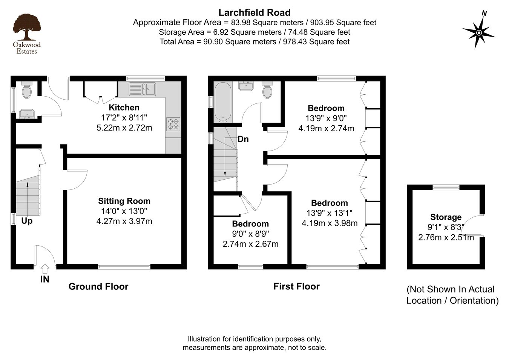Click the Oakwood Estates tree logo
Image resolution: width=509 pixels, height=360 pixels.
pos(27,27)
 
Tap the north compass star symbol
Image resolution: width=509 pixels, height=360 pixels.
pos(479,33)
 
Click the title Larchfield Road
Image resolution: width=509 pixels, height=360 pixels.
pos(255,13)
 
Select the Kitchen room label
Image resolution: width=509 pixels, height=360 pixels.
pos(124,107)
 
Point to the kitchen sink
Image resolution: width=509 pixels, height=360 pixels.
pos(143,89)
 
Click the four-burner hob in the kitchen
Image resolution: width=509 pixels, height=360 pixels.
pos(173,124)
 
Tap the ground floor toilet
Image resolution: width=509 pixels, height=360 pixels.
pos(27,90)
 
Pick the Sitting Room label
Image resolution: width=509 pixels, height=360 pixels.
pos(124,201)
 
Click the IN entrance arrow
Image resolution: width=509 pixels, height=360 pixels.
pos(45,269)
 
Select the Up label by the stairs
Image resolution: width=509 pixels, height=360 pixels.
pos(27,221)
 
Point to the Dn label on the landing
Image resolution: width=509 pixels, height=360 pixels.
pos(243,139)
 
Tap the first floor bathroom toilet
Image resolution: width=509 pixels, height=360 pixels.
pos(267,90)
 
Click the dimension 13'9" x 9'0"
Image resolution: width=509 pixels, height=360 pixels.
pos(326,118)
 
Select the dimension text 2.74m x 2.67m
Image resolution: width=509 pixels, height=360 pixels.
pos(251,244)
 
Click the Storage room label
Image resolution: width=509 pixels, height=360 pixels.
pos(446,217)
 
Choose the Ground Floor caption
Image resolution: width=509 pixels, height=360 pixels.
pos(98,286)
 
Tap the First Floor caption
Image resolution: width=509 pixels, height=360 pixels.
pos(296,286)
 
